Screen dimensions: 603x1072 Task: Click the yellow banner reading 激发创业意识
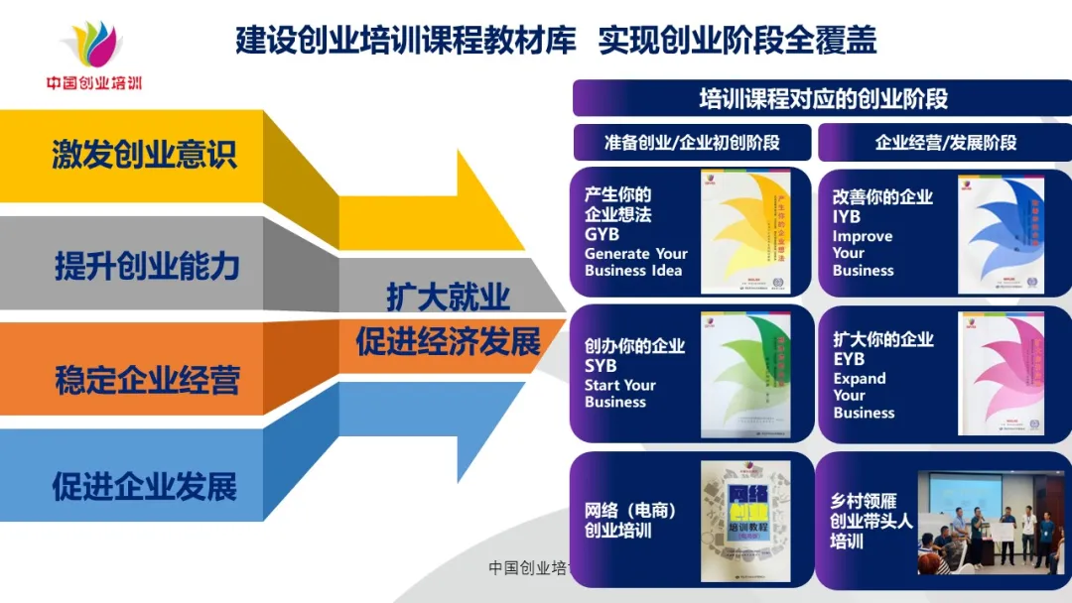pyautogui.click(x=144, y=156)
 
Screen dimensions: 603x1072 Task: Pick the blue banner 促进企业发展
pyautogui.click(x=145, y=487)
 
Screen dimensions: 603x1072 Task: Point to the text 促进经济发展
pyautogui.click(x=448, y=342)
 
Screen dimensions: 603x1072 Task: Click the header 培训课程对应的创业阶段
pyautogui.click(x=823, y=98)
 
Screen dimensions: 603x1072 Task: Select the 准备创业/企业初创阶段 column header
pyautogui.click(x=692, y=142)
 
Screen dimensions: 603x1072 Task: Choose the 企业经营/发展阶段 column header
pyautogui.click(x=945, y=142)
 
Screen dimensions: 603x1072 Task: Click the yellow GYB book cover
pyautogui.click(x=745, y=232)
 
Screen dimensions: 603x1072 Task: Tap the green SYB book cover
pyautogui.click(x=745, y=374)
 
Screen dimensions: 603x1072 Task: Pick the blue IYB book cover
pyautogui.click(x=1001, y=235)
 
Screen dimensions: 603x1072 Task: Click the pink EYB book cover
pyautogui.click(x=1001, y=374)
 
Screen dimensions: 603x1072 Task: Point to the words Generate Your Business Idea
pyautogui.click(x=635, y=262)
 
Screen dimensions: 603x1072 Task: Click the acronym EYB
pyautogui.click(x=849, y=360)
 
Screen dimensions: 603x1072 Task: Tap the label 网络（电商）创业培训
pyautogui.click(x=630, y=521)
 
